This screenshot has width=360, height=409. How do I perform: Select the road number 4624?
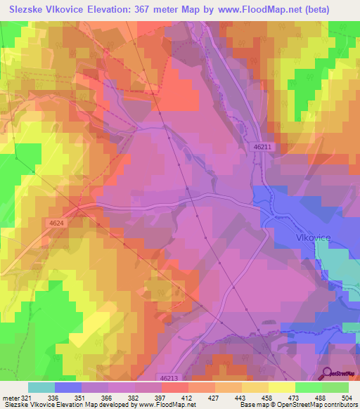[x=58, y=223]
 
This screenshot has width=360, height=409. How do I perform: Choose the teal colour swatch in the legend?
[x=41, y=387]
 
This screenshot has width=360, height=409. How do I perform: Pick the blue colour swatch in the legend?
[x=68, y=387]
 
